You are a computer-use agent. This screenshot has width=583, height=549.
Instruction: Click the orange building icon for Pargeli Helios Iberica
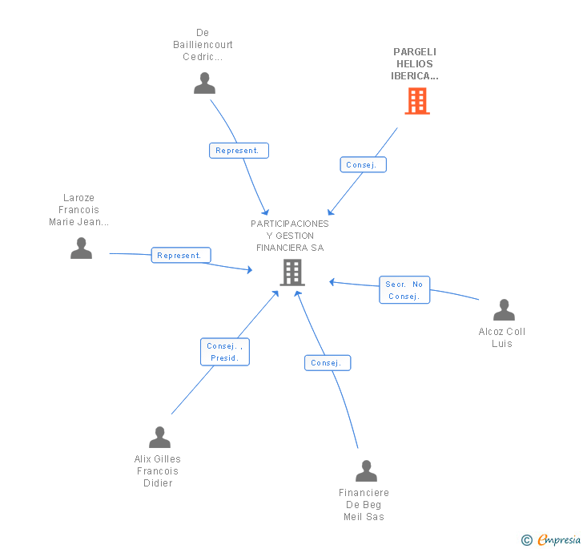pyautogui.click(x=417, y=101)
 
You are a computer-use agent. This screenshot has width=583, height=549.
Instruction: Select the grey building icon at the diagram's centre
pyautogui.click(x=292, y=272)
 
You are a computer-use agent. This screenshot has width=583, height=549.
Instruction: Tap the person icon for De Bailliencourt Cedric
pyautogui.click(x=204, y=83)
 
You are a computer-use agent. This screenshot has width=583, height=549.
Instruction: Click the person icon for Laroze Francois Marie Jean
pyautogui.click(x=81, y=248)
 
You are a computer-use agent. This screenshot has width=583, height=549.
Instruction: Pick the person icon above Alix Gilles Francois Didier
pyautogui.click(x=159, y=437)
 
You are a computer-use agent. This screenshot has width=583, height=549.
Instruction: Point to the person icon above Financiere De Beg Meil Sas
pyautogui.click(x=366, y=470)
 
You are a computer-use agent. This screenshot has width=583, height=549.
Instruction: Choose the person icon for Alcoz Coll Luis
pyautogui.click(x=504, y=309)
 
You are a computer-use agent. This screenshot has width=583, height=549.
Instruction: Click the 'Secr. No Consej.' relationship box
pyautogui.click(x=404, y=290)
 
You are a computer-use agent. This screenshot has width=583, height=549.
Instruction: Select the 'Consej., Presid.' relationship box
pyautogui.click(x=225, y=352)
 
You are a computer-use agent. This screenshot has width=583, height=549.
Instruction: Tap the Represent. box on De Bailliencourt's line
pyautogui.click(x=239, y=151)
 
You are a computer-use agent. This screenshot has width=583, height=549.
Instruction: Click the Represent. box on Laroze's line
pyautogui.click(x=181, y=256)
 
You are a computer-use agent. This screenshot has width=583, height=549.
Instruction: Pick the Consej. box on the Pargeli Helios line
pyautogui.click(x=364, y=164)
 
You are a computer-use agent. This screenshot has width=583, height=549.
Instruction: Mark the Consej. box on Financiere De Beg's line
pyautogui.click(x=328, y=363)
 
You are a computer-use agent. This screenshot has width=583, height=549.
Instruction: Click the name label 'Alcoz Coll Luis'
pyautogui.click(x=502, y=337)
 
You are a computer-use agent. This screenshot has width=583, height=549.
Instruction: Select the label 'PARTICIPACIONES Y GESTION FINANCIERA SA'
pyautogui.click(x=290, y=236)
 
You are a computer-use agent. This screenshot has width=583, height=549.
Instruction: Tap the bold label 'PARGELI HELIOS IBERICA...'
pyautogui.click(x=415, y=64)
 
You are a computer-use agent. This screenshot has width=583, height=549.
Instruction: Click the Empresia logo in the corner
pyautogui.click(x=552, y=539)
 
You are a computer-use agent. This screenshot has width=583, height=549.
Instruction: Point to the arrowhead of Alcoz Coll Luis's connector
pyautogui.click(x=332, y=282)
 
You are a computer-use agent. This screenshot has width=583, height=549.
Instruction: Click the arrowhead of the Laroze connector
pyautogui.click(x=250, y=269)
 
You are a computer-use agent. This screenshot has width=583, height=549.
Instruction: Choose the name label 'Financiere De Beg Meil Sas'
pyautogui.click(x=364, y=505)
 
